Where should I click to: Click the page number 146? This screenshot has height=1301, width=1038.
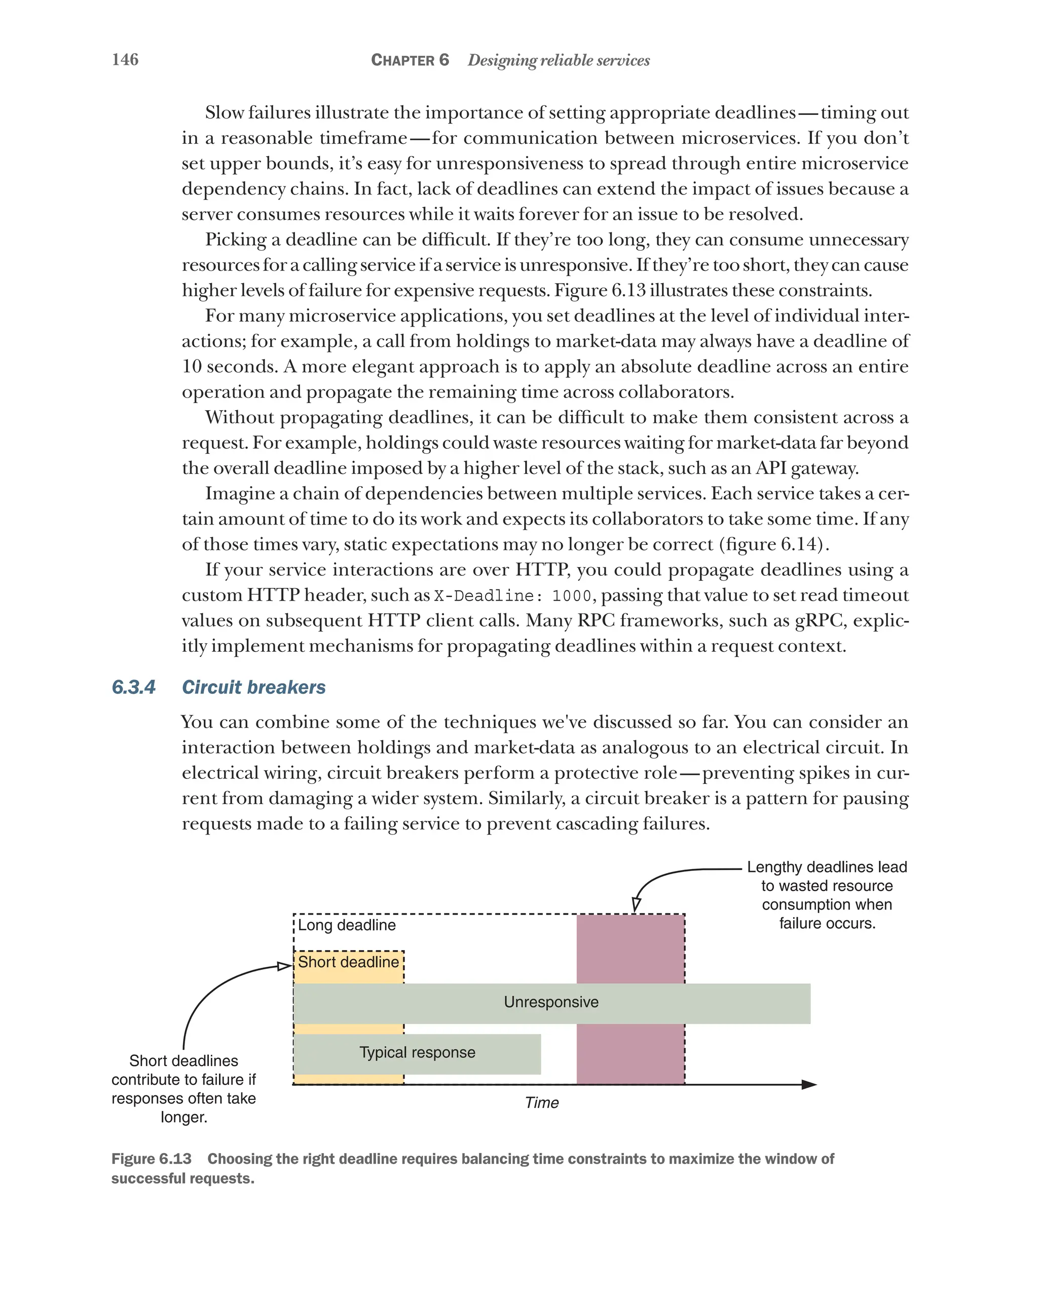pyautogui.click(x=125, y=60)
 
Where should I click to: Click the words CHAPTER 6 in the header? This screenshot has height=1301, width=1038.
pyautogui.click(x=410, y=60)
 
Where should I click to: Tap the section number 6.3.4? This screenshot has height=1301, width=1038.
pyautogui.click(x=133, y=687)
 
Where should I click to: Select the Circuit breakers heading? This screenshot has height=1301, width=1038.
pyautogui.click(x=253, y=687)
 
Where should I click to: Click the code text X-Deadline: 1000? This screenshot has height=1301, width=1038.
pyautogui.click(x=512, y=596)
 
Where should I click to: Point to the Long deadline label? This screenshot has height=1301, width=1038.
pyautogui.click(x=347, y=925)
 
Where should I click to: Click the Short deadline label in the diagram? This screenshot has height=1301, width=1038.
pyautogui.click(x=348, y=962)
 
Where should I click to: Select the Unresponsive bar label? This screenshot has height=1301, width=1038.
pyautogui.click(x=551, y=1002)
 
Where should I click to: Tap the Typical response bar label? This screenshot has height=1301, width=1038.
pyautogui.click(x=417, y=1052)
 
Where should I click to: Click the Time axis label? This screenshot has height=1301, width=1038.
pyautogui.click(x=542, y=1102)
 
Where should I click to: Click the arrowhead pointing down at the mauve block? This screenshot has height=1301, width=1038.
pyautogui.click(x=636, y=904)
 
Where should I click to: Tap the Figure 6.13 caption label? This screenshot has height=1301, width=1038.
pyautogui.click(x=151, y=1159)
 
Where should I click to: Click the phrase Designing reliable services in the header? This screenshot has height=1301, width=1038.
pyautogui.click(x=559, y=60)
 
